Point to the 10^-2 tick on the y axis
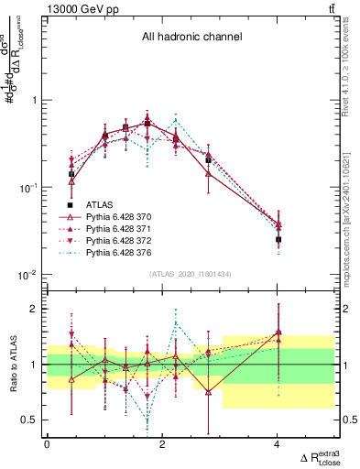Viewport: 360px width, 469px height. coord(27,275)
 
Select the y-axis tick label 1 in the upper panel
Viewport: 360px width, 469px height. coord(35,100)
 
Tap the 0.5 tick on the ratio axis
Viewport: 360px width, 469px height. coord(29,420)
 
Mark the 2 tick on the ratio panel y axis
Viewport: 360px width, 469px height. coord(34,310)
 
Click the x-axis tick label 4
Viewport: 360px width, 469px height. coord(277,444)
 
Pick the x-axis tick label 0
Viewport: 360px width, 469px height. coord(47,444)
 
